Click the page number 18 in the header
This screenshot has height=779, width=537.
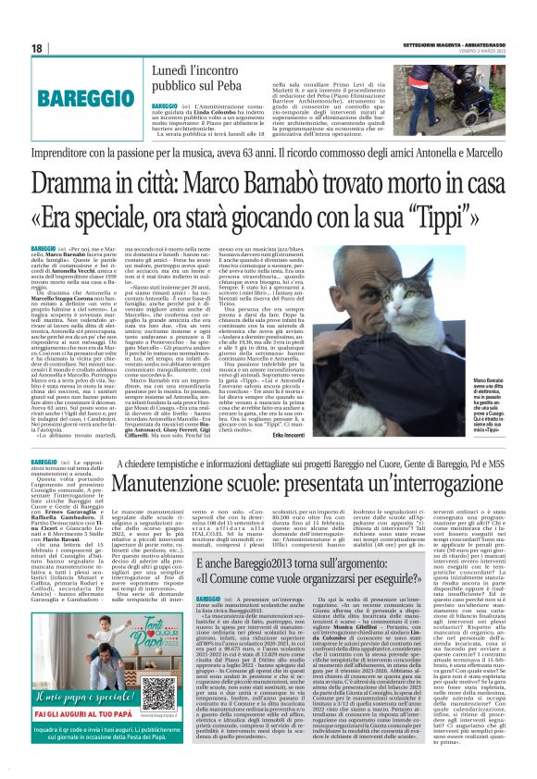pos(36,47)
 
